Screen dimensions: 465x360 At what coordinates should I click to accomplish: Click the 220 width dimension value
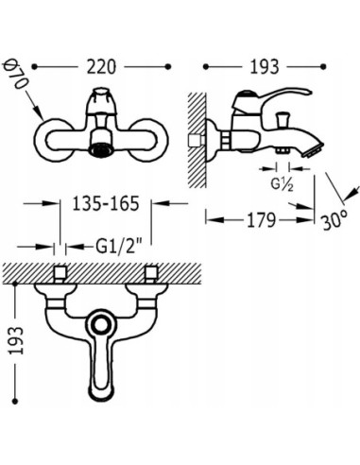click(x=103, y=69)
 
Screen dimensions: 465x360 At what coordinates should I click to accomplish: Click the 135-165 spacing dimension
click(x=103, y=202)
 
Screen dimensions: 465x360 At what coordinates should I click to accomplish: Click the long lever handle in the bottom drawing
click(x=103, y=373)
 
